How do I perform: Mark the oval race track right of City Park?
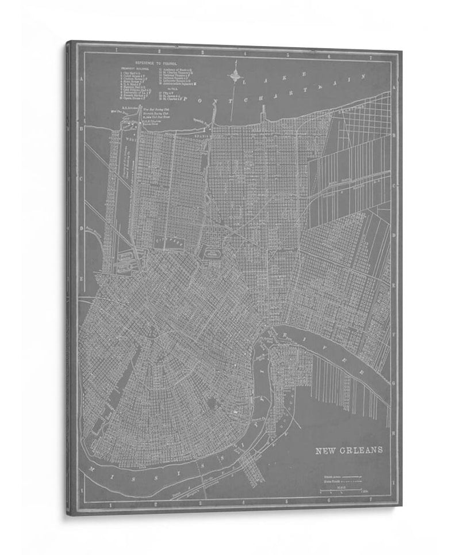click(x=212, y=252)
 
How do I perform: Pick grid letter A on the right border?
click(x=394, y=88)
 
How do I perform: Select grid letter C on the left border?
click(x=82, y=178)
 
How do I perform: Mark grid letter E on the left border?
click(x=82, y=278)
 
